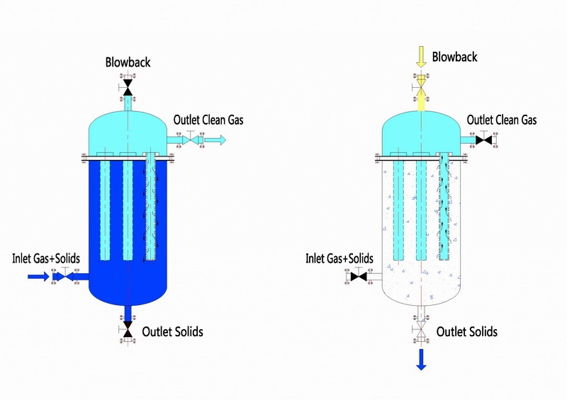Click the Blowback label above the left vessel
coord(128,63)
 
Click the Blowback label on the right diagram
coord(454,57)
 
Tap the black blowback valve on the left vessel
coord(128,87)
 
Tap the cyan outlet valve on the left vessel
coord(190,142)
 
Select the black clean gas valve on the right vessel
coord(485,141)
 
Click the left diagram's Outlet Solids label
coord(173,331)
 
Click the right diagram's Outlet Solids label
coord(466,331)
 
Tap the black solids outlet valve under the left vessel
coord(128,331)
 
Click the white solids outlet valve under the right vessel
coord(421,331)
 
